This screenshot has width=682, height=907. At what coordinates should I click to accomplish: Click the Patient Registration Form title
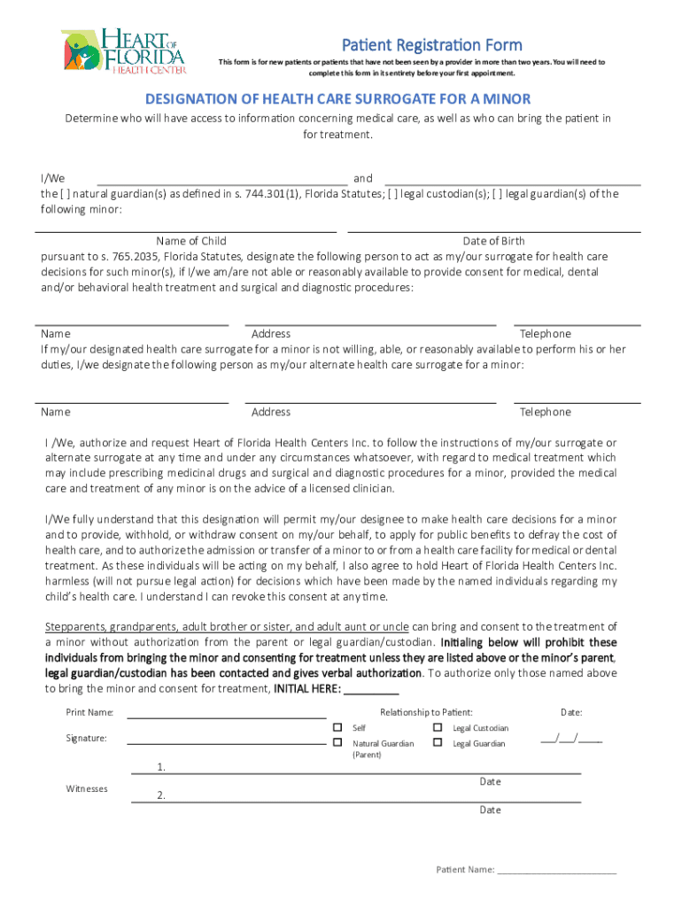click(431, 44)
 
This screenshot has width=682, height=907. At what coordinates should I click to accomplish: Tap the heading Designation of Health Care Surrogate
click(337, 98)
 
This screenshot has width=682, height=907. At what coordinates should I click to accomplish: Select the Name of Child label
click(190, 241)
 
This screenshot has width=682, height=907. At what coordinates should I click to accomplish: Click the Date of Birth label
click(493, 241)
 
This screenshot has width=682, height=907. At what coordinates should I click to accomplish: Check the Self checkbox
click(337, 727)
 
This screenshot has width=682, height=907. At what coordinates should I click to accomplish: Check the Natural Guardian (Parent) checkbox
click(337, 742)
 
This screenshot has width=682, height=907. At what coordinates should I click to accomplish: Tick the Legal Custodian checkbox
click(438, 727)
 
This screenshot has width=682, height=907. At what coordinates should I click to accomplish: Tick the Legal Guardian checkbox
click(438, 742)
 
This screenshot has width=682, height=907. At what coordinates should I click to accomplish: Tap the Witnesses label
click(87, 788)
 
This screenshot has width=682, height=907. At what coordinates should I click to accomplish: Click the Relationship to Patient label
click(426, 712)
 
